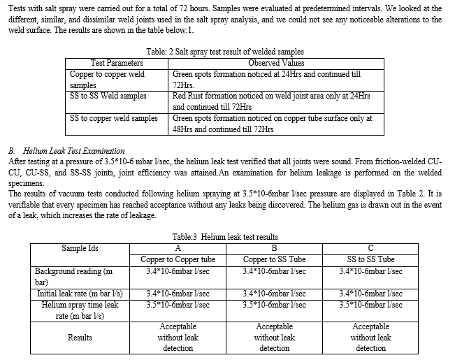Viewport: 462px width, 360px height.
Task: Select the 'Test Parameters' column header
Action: pyautogui.click(x=117, y=63)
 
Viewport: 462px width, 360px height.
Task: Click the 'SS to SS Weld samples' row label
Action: pyautogui.click(x=108, y=96)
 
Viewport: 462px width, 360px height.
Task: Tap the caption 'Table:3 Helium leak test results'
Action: pyautogui.click(x=224, y=237)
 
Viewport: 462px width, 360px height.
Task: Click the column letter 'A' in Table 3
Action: pyautogui.click(x=178, y=247)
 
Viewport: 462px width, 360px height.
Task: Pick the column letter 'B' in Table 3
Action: pyautogui.click(x=274, y=247)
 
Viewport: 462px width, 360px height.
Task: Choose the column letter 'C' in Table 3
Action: pyautogui.click(x=370, y=247)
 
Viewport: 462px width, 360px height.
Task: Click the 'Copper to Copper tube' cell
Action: pyautogui.click(x=178, y=259)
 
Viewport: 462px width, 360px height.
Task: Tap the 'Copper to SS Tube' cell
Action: pyautogui.click(x=274, y=259)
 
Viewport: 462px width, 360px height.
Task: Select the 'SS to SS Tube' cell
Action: pyautogui.click(x=370, y=259)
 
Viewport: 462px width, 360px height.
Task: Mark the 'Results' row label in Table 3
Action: pyautogui.click(x=80, y=338)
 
